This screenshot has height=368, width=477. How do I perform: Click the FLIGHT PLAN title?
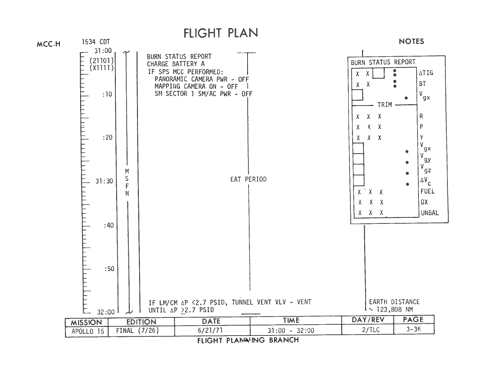[x=221, y=33]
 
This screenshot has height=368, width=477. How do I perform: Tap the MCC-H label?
[x=49, y=44]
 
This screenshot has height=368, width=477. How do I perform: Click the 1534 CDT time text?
[x=95, y=42]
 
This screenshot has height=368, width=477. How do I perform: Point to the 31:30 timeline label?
[x=105, y=181]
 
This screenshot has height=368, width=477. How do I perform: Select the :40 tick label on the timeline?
[x=109, y=225]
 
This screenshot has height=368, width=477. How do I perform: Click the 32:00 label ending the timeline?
[x=106, y=312]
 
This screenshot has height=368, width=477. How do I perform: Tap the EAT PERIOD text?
[x=248, y=179]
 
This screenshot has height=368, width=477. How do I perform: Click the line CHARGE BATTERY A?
[x=176, y=64]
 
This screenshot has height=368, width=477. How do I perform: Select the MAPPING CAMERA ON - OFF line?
[x=196, y=87]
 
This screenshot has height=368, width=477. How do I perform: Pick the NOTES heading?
[x=411, y=41]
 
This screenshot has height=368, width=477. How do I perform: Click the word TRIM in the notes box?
[x=385, y=105]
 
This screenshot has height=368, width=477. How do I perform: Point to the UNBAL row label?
[x=430, y=213]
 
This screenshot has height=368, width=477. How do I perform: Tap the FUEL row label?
[x=428, y=191]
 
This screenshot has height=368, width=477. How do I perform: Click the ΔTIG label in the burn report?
[x=426, y=73]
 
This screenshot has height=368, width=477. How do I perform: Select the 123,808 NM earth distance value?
[x=395, y=310]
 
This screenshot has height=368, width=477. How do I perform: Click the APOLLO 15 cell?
[x=88, y=331]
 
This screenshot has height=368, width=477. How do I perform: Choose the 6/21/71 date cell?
[x=210, y=330]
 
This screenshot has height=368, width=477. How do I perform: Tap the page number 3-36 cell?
[x=413, y=329]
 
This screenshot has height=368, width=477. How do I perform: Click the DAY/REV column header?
[x=368, y=320]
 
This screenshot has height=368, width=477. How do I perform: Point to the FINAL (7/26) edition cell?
[x=137, y=330]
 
